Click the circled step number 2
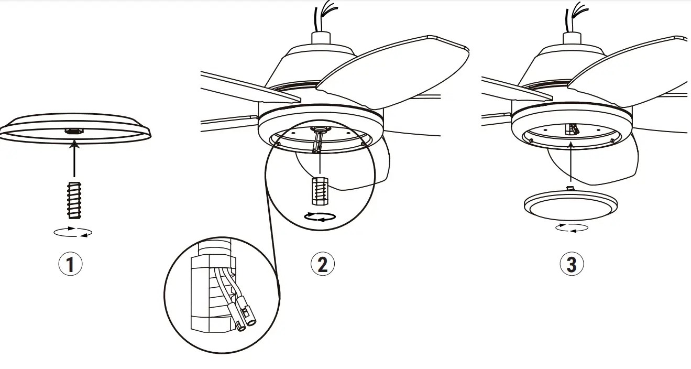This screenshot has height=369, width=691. tap(322, 264)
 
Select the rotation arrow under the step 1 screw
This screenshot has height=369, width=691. tap(73, 232)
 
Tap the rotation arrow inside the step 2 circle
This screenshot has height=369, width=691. tap(319, 217)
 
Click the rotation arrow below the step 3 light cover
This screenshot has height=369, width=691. tap(572, 228)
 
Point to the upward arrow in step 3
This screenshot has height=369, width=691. tap(569, 162)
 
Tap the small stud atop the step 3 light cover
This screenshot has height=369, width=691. tap(570, 188)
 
